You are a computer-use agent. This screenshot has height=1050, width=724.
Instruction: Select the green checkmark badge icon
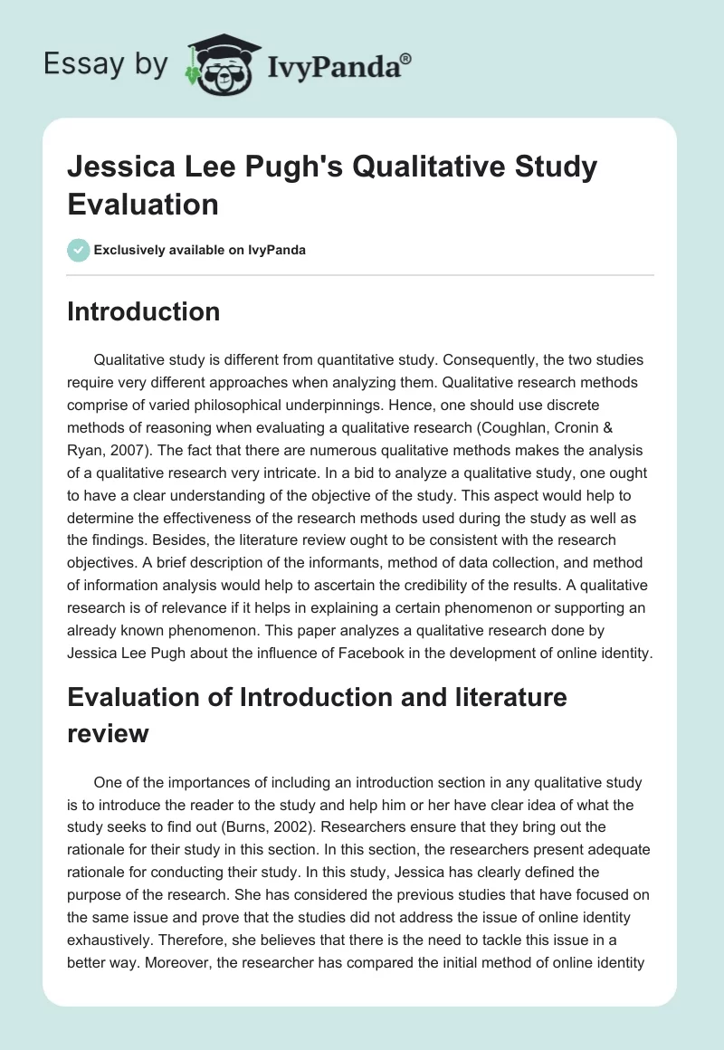click(79, 250)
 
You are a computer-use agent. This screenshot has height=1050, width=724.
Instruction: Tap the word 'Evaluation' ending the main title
click(143, 204)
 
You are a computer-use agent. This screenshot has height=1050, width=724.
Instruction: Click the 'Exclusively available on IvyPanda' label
click(200, 250)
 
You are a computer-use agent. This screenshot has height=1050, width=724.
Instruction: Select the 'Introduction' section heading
click(143, 311)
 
